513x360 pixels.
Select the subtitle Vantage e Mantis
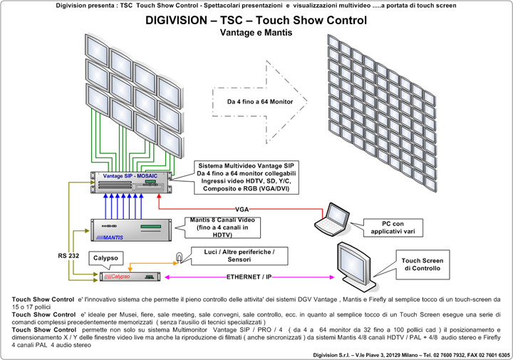[256, 34]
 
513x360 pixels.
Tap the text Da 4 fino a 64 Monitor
[259, 102]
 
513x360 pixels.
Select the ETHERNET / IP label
[249, 276]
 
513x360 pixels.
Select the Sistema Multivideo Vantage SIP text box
[246, 178]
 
